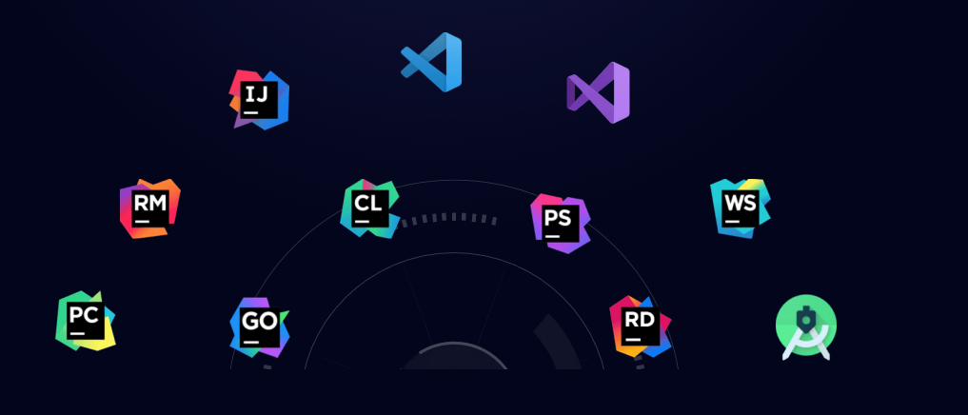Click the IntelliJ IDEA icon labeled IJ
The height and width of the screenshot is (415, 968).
coord(260,99)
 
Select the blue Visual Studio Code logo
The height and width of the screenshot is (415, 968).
coord(432,62)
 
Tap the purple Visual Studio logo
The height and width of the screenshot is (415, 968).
coord(599,92)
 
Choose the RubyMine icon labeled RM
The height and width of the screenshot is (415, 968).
coord(149,208)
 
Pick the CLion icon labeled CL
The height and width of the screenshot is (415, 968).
coord(369,207)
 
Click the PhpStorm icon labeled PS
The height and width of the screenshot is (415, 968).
coord(560,223)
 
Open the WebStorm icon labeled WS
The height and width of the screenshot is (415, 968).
coord(740,207)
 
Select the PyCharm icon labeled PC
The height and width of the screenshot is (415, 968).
coord(85,321)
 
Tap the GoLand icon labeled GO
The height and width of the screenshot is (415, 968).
coord(259,327)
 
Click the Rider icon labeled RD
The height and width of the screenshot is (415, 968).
coord(640,326)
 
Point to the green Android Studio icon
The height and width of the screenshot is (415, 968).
coord(806,326)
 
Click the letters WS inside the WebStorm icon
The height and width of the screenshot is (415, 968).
coord(740,202)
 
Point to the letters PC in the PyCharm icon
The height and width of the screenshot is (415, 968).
coord(84,314)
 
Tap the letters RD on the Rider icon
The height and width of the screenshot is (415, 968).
coord(640,319)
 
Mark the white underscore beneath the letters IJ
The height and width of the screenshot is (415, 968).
coord(251,113)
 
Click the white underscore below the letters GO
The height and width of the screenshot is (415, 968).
coord(250,342)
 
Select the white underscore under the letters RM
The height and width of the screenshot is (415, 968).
coord(142,222)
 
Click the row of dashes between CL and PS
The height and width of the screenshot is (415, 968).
coord(449,219)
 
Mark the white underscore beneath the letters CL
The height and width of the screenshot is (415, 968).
coord(362,222)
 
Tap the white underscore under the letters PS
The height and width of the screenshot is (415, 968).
coord(551,237)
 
